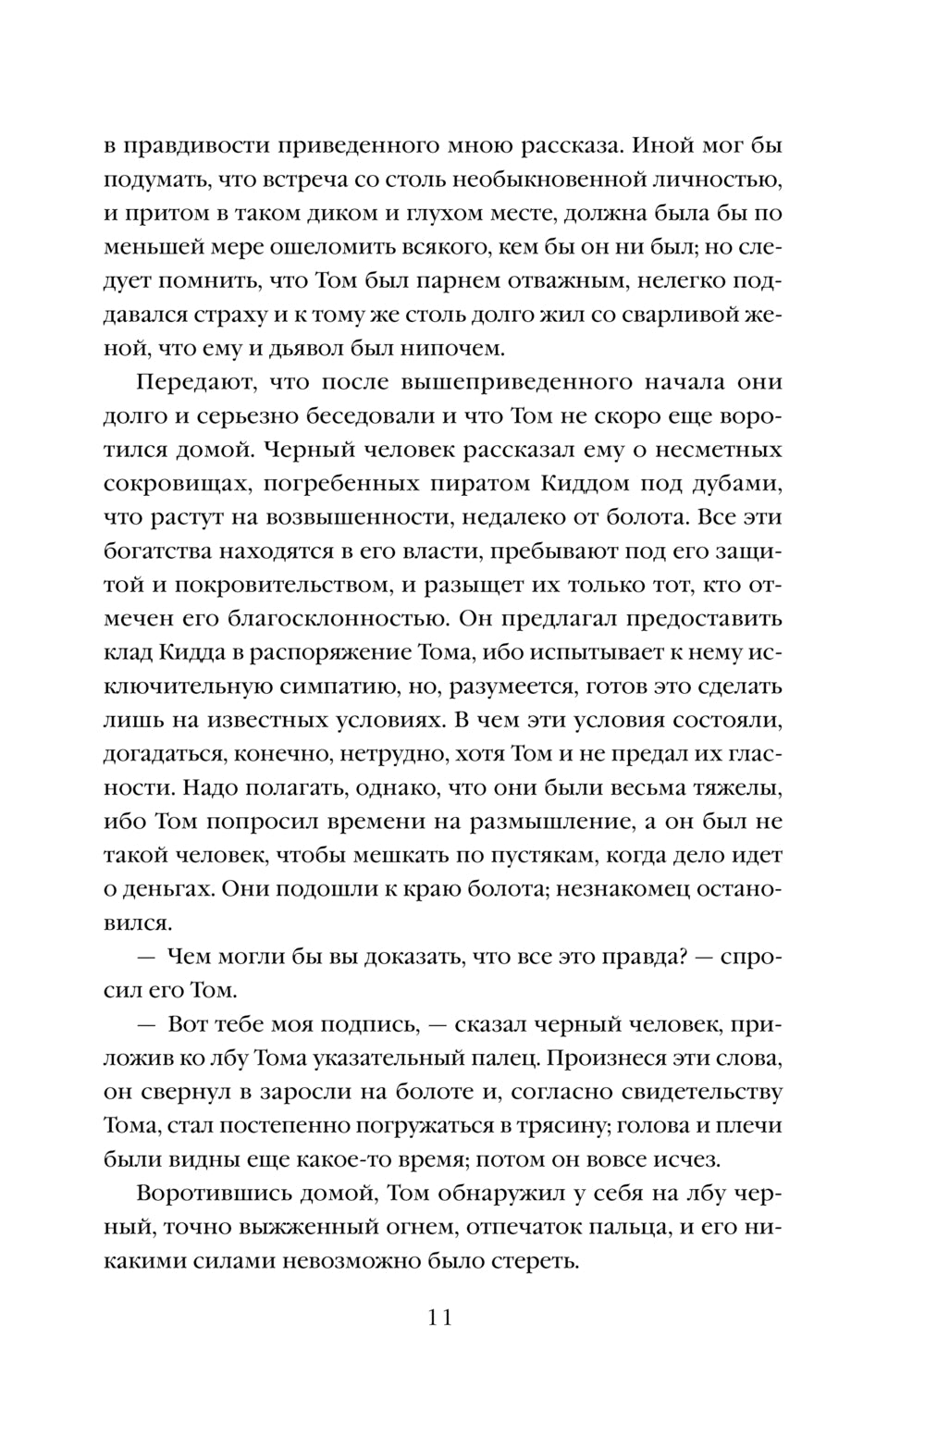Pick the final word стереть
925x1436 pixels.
point(536,1262)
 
